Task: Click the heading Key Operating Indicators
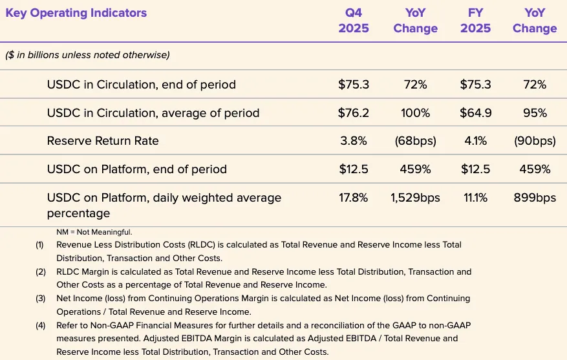[76, 13]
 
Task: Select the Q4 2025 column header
[354, 21]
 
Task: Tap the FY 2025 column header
[475, 21]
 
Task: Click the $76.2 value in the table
[354, 113]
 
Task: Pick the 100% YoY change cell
[415, 113]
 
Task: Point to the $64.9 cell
[475, 113]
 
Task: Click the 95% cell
[534, 113]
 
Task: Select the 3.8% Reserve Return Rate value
[354, 141]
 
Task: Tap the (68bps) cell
[415, 141]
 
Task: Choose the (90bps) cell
[534, 141]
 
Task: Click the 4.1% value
[475, 141]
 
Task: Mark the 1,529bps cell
[415, 198]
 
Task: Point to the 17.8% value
[354, 198]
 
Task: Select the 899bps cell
[534, 198]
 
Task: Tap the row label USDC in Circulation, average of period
[153, 113]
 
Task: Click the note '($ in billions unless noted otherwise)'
[87, 56]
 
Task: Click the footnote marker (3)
[41, 299]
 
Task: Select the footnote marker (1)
[41, 245]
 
